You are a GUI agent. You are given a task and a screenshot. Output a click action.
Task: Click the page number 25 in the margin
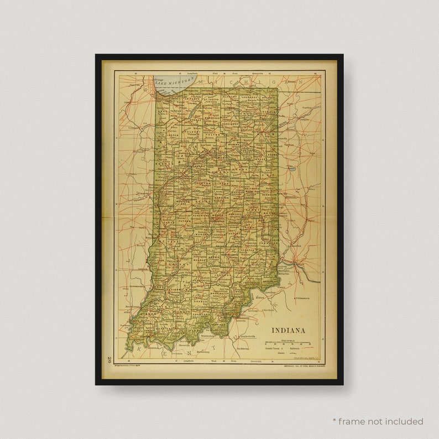point(111,359)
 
